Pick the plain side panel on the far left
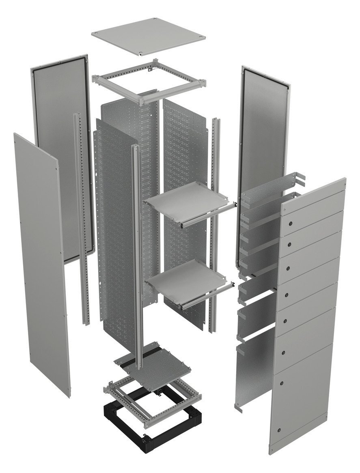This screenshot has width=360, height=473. click(41, 260)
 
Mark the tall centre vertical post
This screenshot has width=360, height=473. click(137, 252)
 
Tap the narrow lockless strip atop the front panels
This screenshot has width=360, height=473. click(313, 197)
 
